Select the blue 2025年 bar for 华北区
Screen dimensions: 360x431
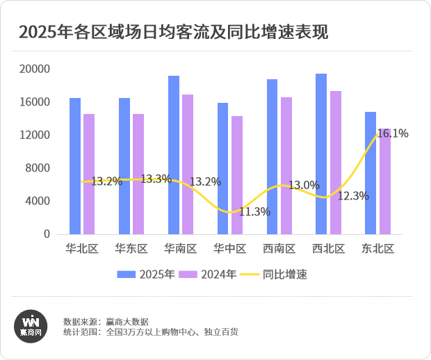(x=75, y=166)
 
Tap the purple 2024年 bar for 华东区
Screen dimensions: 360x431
(x=138, y=174)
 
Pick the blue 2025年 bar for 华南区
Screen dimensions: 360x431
(x=174, y=155)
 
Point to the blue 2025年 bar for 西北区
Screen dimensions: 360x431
(x=321, y=154)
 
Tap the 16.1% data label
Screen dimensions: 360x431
(x=393, y=133)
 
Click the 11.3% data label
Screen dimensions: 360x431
(x=254, y=211)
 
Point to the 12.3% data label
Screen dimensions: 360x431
(x=353, y=196)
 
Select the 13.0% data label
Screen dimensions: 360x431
(x=304, y=185)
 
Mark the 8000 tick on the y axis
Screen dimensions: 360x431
(x=39, y=168)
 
